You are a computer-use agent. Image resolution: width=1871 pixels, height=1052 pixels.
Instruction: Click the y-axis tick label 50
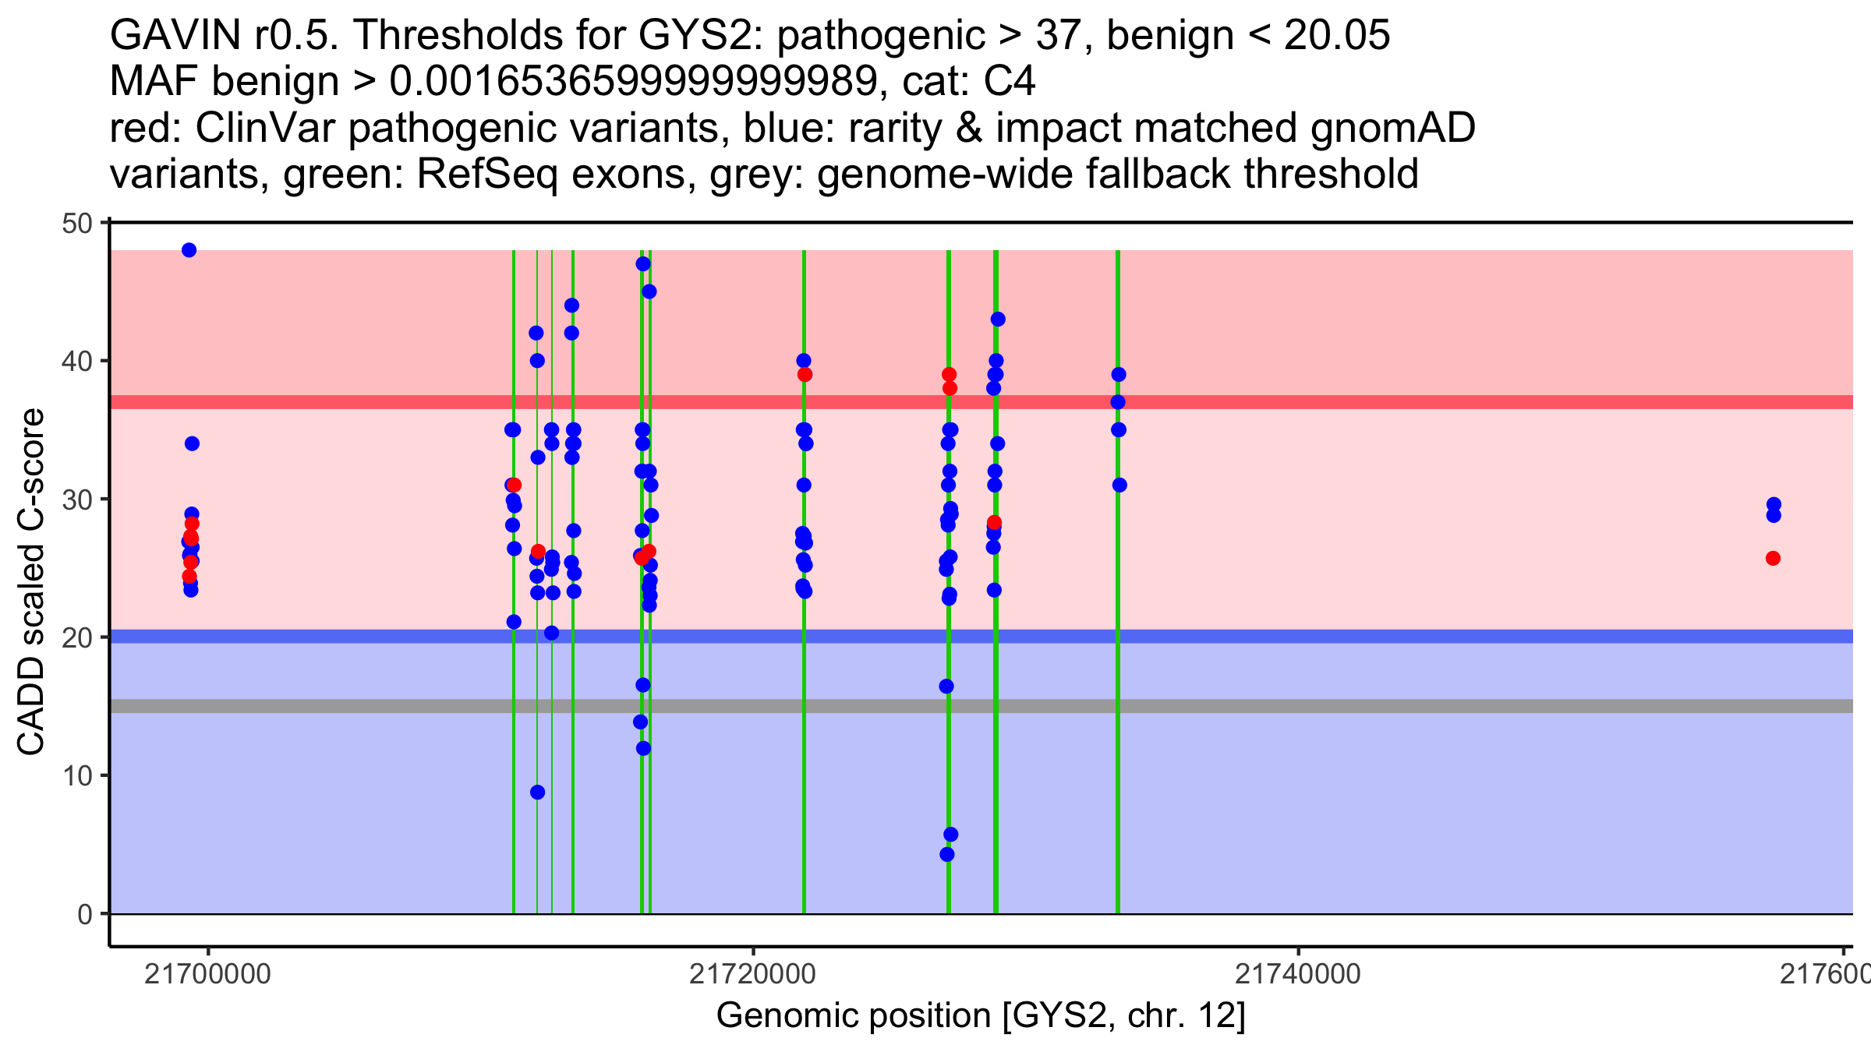click(76, 224)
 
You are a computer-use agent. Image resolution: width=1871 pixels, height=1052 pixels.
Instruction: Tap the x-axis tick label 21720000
click(752, 973)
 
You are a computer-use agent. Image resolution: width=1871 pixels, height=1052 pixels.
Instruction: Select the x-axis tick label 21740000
click(1298, 973)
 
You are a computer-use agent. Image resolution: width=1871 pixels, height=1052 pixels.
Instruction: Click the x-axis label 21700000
click(207, 973)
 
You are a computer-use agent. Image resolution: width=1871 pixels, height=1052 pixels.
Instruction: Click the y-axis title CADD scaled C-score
click(31, 581)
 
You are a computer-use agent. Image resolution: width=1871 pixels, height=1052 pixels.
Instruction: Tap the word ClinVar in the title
click(265, 128)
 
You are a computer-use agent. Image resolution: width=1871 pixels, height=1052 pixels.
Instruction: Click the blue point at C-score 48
click(189, 250)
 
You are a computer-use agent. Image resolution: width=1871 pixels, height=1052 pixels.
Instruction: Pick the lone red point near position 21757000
click(1773, 559)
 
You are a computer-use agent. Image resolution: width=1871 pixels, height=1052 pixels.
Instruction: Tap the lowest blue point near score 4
click(947, 854)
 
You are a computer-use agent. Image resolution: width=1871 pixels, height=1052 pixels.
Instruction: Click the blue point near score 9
click(537, 793)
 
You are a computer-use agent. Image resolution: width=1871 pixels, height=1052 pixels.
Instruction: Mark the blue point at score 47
click(643, 264)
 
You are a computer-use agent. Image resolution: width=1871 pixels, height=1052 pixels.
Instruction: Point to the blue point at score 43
click(998, 319)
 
